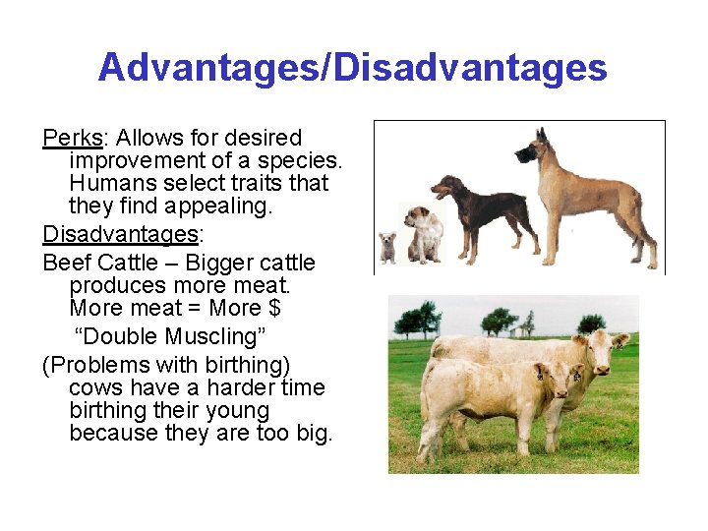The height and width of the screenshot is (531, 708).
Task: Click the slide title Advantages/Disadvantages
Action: [x=352, y=68]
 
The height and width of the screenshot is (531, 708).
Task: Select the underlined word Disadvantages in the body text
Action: [x=120, y=234]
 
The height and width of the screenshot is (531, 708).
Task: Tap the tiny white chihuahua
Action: [x=387, y=247]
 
